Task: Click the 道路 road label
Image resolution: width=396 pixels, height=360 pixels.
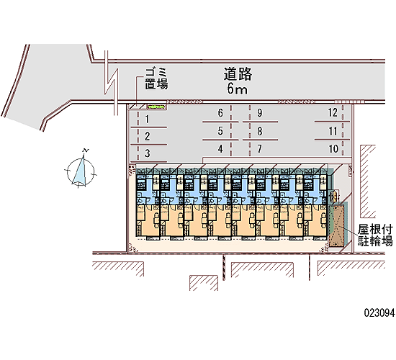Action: click(x=238, y=74)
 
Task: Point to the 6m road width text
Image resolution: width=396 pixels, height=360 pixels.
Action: click(x=237, y=89)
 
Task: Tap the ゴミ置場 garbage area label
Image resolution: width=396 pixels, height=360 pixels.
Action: click(x=156, y=78)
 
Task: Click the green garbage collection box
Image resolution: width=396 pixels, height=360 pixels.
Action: click(x=156, y=107)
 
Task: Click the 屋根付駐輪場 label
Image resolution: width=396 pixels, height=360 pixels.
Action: click(x=375, y=235)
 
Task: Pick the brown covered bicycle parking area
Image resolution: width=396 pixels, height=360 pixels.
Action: click(x=336, y=225)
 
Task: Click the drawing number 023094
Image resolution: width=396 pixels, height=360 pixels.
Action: click(x=379, y=313)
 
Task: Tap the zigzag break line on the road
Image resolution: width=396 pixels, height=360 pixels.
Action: click(x=112, y=83)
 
